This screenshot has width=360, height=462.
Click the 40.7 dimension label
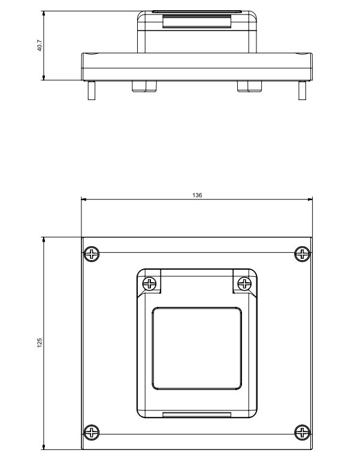(x=40, y=46)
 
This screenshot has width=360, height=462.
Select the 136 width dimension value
(x=197, y=195)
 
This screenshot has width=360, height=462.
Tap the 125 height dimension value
(x=40, y=343)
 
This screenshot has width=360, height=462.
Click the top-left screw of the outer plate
(x=92, y=254)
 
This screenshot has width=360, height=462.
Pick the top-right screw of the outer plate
(x=302, y=253)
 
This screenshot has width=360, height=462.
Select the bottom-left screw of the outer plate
(x=92, y=433)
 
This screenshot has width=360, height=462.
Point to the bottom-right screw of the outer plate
(x=302, y=432)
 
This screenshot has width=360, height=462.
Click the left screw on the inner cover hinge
(x=150, y=284)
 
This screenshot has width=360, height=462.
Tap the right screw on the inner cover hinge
(x=244, y=284)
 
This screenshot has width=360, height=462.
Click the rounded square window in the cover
(x=197, y=348)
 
